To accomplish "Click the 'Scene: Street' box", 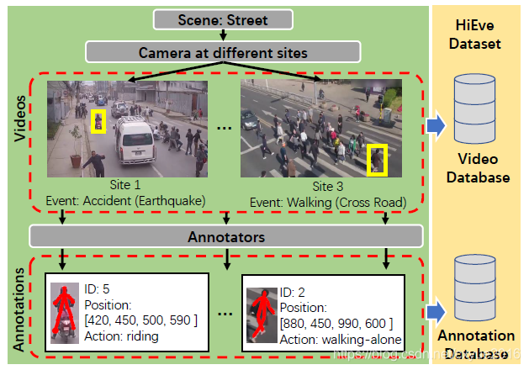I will coord(222,18).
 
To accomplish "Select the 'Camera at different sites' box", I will coord(223,52).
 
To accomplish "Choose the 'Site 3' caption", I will coord(327,187).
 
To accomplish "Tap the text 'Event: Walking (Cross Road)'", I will coord(329,202).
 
